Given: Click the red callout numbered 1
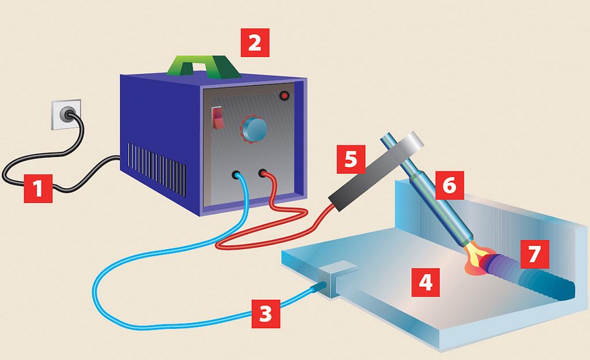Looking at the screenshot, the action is (x=38, y=188).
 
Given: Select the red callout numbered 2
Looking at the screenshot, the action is (x=255, y=43).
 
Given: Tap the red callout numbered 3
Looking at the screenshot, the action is (x=266, y=313).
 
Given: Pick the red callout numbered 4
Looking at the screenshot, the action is (x=425, y=282).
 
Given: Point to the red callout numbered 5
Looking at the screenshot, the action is (x=351, y=160).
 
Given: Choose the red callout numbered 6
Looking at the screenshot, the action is (x=450, y=186).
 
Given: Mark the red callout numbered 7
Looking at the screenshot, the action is (x=535, y=254).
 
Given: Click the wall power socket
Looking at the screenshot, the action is (x=67, y=114).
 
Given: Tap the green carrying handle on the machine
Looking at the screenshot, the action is (x=204, y=66).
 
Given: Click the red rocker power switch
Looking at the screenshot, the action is (x=217, y=118).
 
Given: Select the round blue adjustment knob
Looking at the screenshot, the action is (x=255, y=129).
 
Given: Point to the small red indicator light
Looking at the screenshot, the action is (x=285, y=95).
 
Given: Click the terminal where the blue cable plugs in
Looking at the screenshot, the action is (x=236, y=175).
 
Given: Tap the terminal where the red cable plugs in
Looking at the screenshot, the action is (x=263, y=174).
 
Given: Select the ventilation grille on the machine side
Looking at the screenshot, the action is (x=156, y=169).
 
